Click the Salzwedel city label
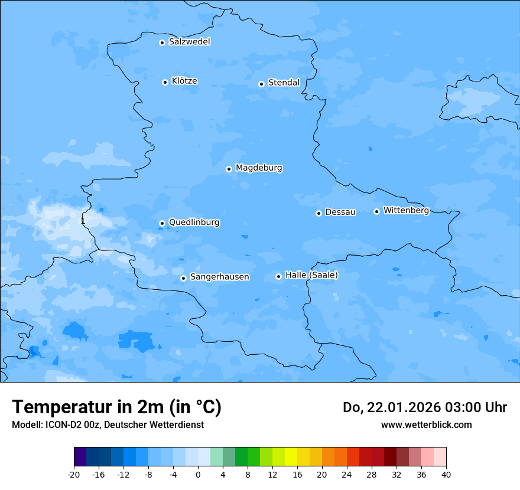(x=189, y=42)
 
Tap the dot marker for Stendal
(x=261, y=84)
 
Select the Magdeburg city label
(x=259, y=168)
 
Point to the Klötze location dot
(x=165, y=82)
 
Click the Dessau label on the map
(x=340, y=212)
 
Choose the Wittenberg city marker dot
(x=376, y=211)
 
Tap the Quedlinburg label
(x=194, y=223)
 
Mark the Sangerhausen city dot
(x=183, y=278)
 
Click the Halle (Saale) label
(x=311, y=275)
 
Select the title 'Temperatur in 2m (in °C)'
(x=116, y=407)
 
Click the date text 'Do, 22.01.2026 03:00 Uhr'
(x=425, y=408)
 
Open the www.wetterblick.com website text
(x=426, y=425)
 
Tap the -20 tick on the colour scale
(x=74, y=474)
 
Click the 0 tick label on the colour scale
(x=198, y=474)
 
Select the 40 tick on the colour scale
(x=446, y=474)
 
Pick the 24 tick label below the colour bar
(x=347, y=474)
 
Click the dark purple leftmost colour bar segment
(x=80, y=457)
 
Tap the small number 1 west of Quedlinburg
(x=83, y=221)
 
